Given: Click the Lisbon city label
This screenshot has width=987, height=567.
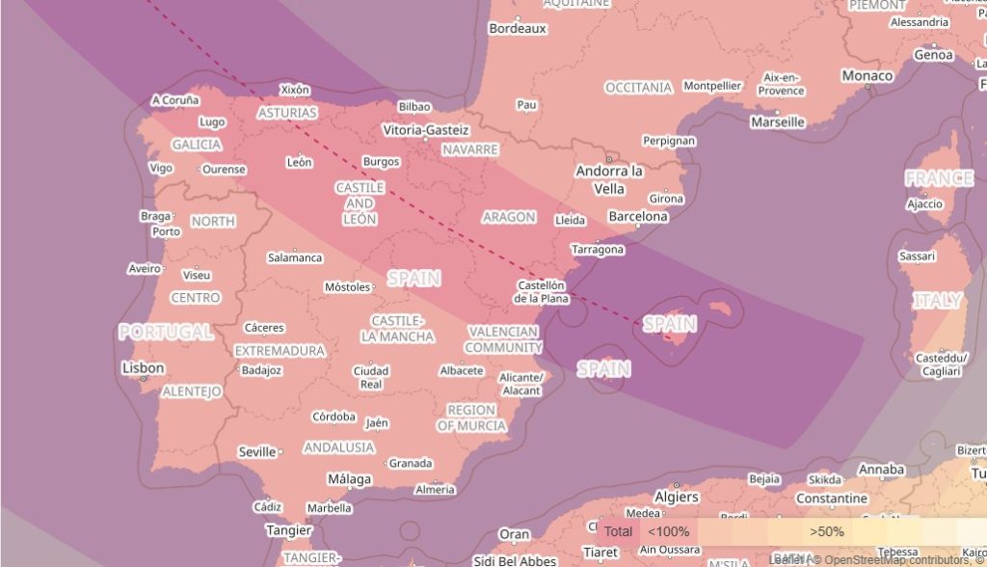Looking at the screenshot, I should [x=143, y=368].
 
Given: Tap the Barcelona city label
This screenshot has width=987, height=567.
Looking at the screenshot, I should [x=637, y=216].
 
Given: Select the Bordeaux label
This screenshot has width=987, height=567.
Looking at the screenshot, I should [x=518, y=29].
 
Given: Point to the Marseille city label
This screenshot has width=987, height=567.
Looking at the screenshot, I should [x=778, y=122].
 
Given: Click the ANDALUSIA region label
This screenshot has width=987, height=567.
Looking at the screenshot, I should [x=339, y=447].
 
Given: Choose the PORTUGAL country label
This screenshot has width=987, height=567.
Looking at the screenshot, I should [x=166, y=332].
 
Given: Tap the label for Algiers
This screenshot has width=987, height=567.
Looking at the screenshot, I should [x=676, y=497].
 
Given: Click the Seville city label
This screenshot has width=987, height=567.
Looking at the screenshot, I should [x=257, y=451].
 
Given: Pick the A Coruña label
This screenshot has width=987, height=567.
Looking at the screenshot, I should [x=175, y=99].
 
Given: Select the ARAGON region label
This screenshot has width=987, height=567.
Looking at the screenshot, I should [x=509, y=217].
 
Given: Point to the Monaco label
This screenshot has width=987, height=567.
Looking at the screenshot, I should [x=867, y=75].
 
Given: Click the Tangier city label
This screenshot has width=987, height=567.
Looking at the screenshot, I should [x=289, y=529].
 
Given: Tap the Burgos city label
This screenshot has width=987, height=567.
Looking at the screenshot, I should [x=382, y=162].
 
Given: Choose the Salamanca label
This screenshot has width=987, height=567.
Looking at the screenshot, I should [x=295, y=257].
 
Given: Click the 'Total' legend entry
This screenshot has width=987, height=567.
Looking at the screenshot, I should [x=619, y=531].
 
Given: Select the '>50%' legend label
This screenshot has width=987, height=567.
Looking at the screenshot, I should [x=827, y=531].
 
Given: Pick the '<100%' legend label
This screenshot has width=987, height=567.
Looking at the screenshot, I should [x=668, y=531].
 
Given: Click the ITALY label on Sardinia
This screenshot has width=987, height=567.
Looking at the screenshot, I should [x=937, y=301].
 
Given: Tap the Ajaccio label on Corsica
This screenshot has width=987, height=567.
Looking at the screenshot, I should [x=924, y=204].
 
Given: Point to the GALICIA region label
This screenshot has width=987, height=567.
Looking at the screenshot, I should [x=197, y=145].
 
